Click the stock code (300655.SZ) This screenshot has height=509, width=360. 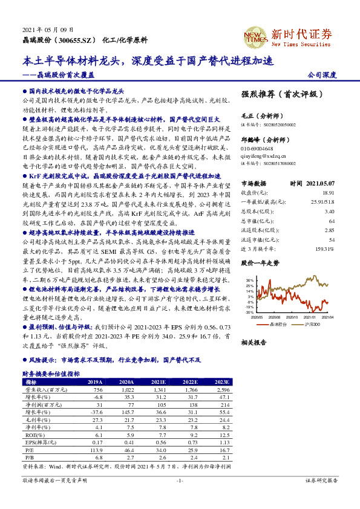(74, 39)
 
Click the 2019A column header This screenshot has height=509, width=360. (95, 382)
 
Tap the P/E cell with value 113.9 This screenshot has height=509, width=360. (95, 450)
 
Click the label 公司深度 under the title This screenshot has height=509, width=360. (321, 76)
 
